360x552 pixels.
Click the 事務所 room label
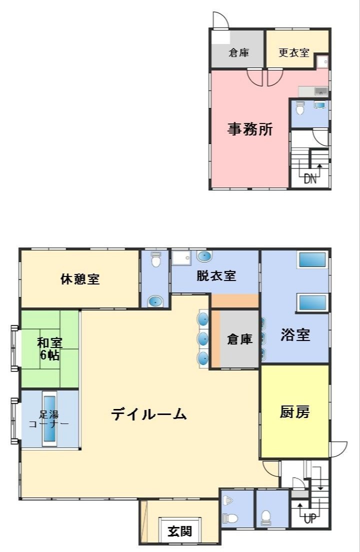click(x=250, y=130)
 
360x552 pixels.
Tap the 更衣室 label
click(x=293, y=52)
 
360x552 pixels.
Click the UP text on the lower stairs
click(x=310, y=519)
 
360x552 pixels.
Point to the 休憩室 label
click(x=80, y=279)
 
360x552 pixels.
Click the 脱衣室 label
click(x=216, y=275)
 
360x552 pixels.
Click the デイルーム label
click(x=149, y=414)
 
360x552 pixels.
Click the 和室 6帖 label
click(x=49, y=349)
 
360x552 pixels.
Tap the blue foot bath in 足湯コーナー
click(x=50, y=418)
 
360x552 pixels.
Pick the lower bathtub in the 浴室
click(x=312, y=303)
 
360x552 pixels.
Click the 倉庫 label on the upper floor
click(x=239, y=52)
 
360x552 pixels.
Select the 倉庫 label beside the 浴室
click(x=239, y=339)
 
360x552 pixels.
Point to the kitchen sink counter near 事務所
click(x=313, y=91)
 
